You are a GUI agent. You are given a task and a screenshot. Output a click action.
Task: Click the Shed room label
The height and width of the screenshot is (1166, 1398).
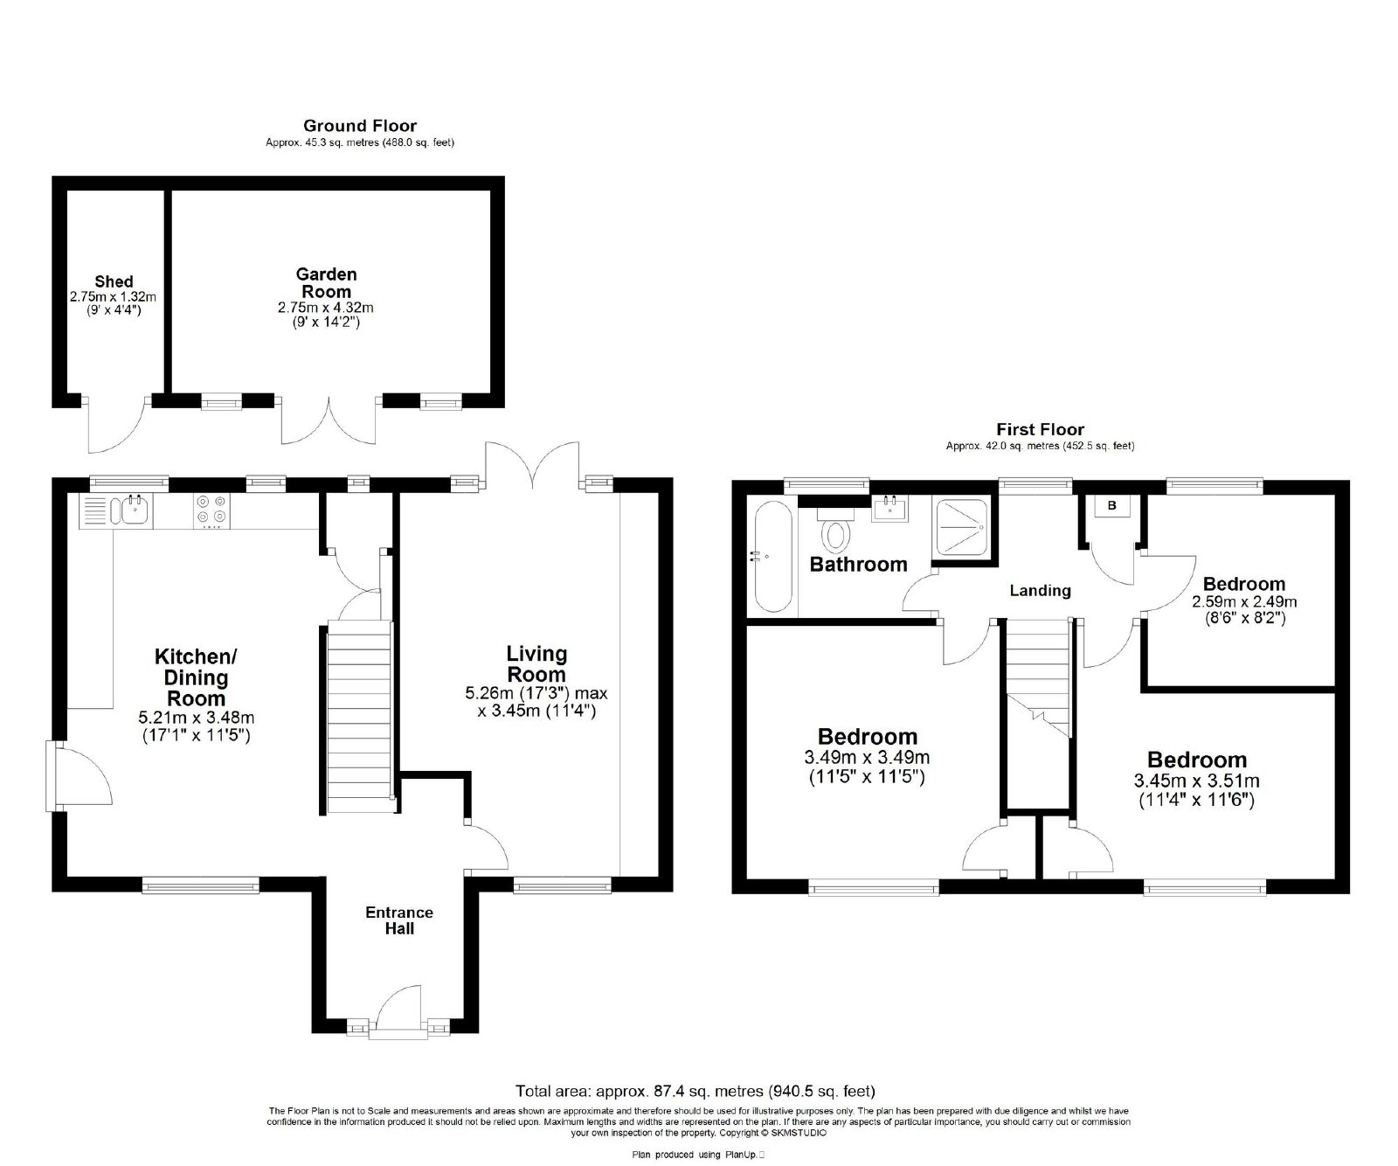click(114, 281)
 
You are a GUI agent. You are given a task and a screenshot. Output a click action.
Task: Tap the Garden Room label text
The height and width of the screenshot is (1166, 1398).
click(326, 282)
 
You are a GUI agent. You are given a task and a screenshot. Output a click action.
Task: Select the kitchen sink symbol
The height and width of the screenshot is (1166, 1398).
click(135, 510)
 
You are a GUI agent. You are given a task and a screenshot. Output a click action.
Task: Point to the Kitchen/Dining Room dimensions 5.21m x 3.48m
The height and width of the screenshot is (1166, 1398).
click(197, 718)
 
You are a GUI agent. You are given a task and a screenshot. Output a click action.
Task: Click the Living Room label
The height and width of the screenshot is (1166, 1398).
click(536, 663)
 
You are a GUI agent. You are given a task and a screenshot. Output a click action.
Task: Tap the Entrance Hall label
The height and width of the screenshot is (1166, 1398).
click(399, 920)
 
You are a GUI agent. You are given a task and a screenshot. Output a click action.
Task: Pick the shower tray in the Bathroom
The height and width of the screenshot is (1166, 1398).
click(964, 527)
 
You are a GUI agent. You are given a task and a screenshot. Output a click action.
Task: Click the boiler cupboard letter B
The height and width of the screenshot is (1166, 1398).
click(1112, 506)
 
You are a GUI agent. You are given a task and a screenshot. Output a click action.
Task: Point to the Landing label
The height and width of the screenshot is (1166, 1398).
click(1040, 590)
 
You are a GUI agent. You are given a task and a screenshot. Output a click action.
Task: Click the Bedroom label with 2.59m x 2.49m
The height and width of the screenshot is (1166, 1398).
click(1244, 584)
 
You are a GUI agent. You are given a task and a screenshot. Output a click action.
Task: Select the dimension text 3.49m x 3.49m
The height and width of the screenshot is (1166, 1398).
click(867, 757)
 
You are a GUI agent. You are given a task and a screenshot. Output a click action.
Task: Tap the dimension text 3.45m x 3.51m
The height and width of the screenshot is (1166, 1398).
click(1196, 781)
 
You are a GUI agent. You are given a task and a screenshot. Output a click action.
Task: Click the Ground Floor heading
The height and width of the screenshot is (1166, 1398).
click(359, 127)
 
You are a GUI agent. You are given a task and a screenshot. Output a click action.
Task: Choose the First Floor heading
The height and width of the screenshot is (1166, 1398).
click(1040, 429)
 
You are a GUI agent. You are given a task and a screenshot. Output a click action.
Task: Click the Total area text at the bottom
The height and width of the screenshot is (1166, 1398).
click(696, 1091)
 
